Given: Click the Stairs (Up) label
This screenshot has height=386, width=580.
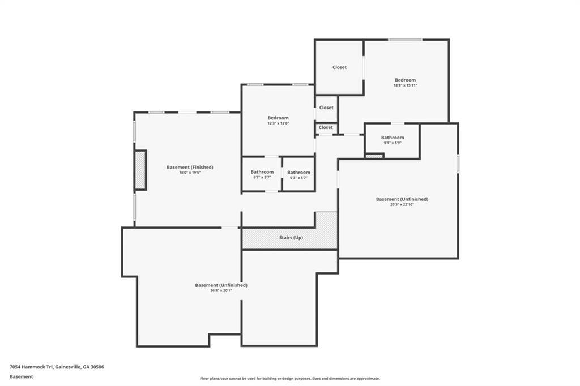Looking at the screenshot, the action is pos(291,237).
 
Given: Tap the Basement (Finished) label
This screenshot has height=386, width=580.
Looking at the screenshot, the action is pos(190,167).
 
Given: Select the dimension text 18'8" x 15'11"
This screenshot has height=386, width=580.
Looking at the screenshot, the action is pos(405,85).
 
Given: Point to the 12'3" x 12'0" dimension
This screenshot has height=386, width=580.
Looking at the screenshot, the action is pos(278,123).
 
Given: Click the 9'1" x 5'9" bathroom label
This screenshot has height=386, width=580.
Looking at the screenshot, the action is pos(393,143).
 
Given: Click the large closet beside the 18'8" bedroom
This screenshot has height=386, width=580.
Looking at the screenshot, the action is pos(339,67).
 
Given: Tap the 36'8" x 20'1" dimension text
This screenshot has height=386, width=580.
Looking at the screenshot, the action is pos(221,290).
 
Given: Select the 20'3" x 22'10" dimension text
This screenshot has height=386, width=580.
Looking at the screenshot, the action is pos(402,204).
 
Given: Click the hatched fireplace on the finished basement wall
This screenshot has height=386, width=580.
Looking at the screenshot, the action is pos(140,170).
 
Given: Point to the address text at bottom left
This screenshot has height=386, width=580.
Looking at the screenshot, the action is pos(57,367).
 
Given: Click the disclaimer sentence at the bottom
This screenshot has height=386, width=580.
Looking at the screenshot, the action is pos(289,379).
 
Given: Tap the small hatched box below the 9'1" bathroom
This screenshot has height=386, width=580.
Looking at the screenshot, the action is pos(374,156).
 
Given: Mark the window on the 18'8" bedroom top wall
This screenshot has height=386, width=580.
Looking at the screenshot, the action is pos(404,40).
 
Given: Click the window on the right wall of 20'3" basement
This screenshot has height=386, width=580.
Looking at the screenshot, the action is pos(458,164).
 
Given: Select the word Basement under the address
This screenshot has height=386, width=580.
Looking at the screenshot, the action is pos(21,377).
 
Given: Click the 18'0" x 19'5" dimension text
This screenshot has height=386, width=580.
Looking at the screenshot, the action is pos(190,173).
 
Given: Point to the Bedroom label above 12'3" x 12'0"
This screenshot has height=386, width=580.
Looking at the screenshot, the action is pos(278,118).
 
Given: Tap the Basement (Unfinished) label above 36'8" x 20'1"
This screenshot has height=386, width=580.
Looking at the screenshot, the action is pos(221,285).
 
